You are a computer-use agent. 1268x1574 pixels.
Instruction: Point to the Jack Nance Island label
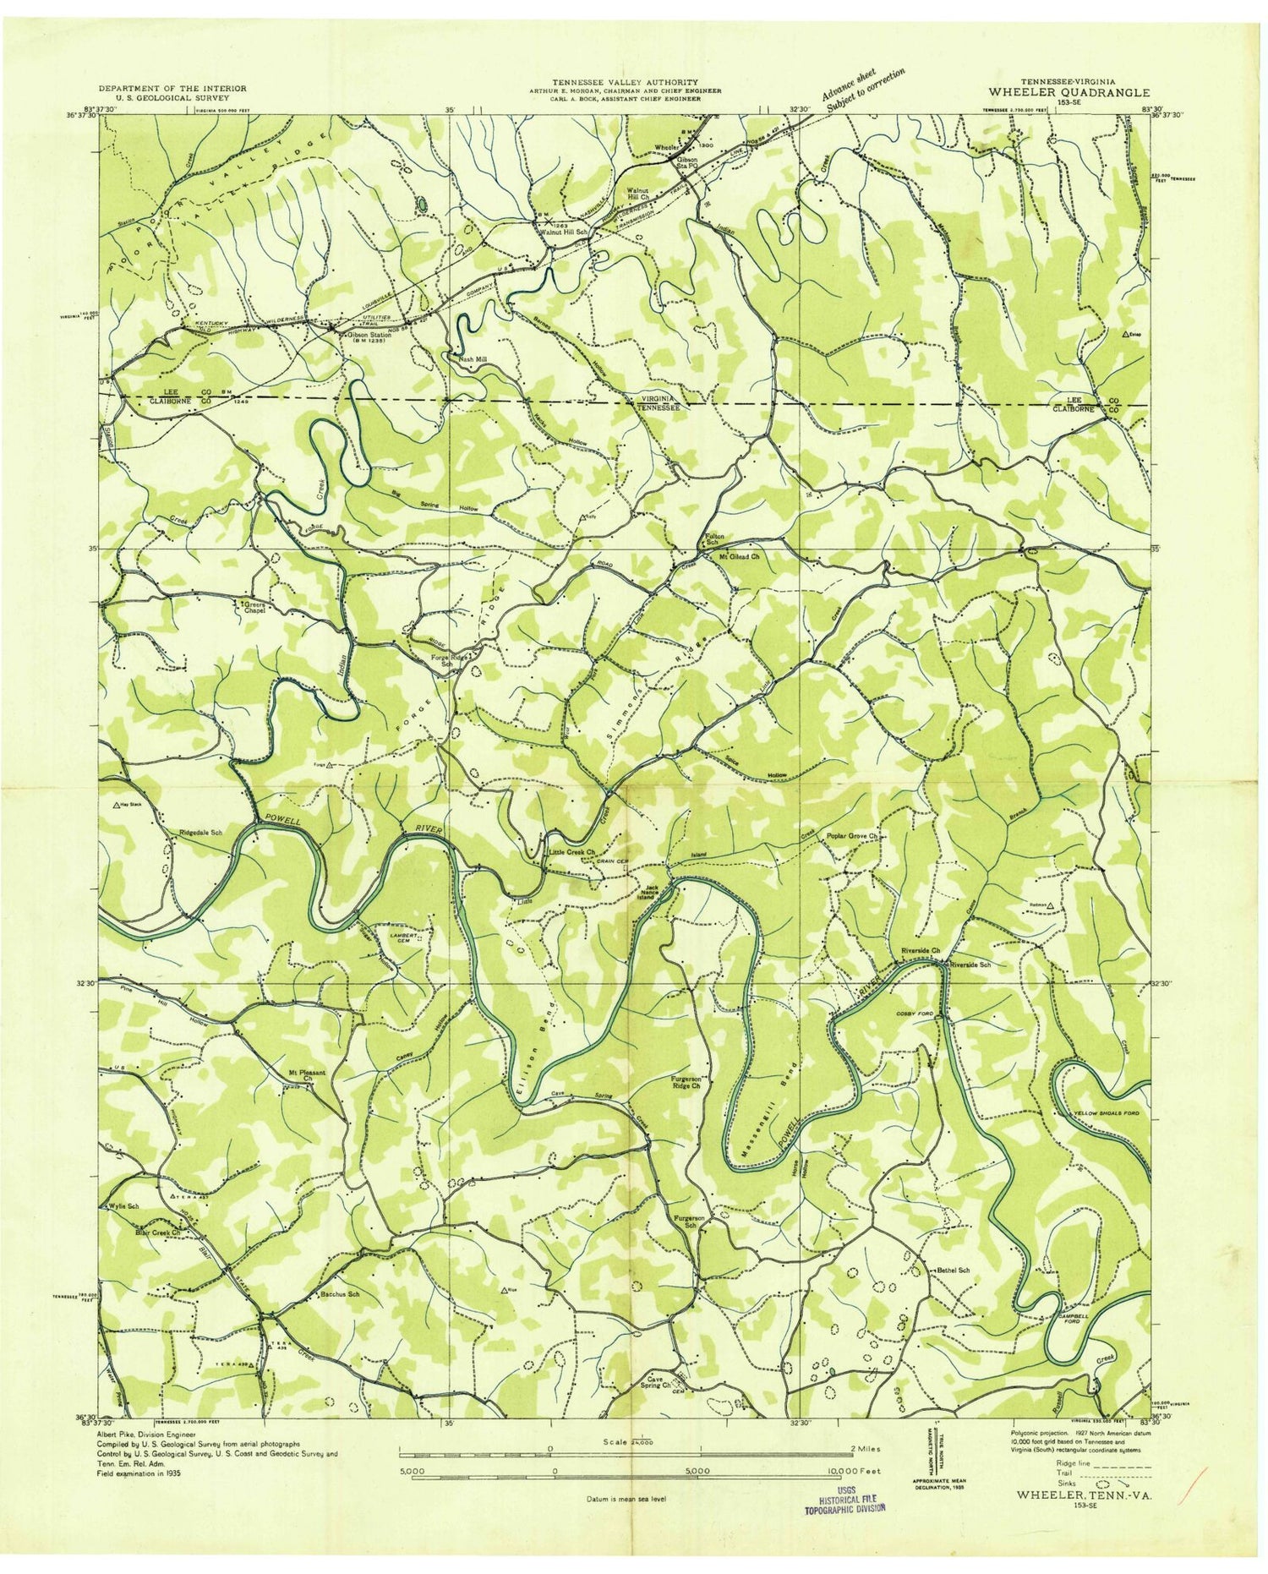click(x=659, y=890)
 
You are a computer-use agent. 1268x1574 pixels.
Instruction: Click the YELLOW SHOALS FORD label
click(x=1106, y=1114)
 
